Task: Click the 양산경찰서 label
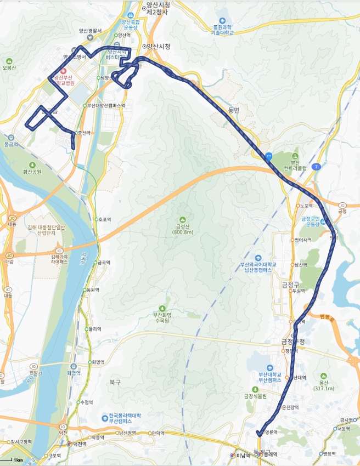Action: click(90, 31)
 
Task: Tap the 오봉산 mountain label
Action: click(10, 67)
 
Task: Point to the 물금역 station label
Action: click(11, 144)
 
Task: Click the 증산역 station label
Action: click(82, 132)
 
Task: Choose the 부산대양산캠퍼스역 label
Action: click(106, 105)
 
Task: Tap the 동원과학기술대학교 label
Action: click(222, 30)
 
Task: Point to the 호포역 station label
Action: click(104, 219)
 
